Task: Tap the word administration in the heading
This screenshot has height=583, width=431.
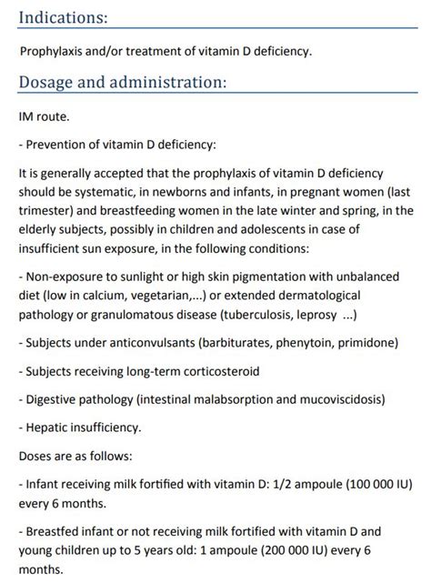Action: [x=170, y=83]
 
